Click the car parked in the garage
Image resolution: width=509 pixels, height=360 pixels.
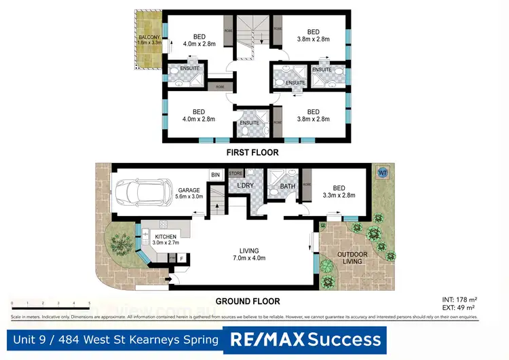(x=144, y=192)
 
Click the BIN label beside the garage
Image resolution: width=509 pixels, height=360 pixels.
(x=215, y=175)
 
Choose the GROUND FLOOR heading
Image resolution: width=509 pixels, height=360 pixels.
(x=247, y=301)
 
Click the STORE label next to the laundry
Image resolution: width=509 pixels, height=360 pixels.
(x=235, y=174)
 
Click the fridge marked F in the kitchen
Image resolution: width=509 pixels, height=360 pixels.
(x=181, y=258)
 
